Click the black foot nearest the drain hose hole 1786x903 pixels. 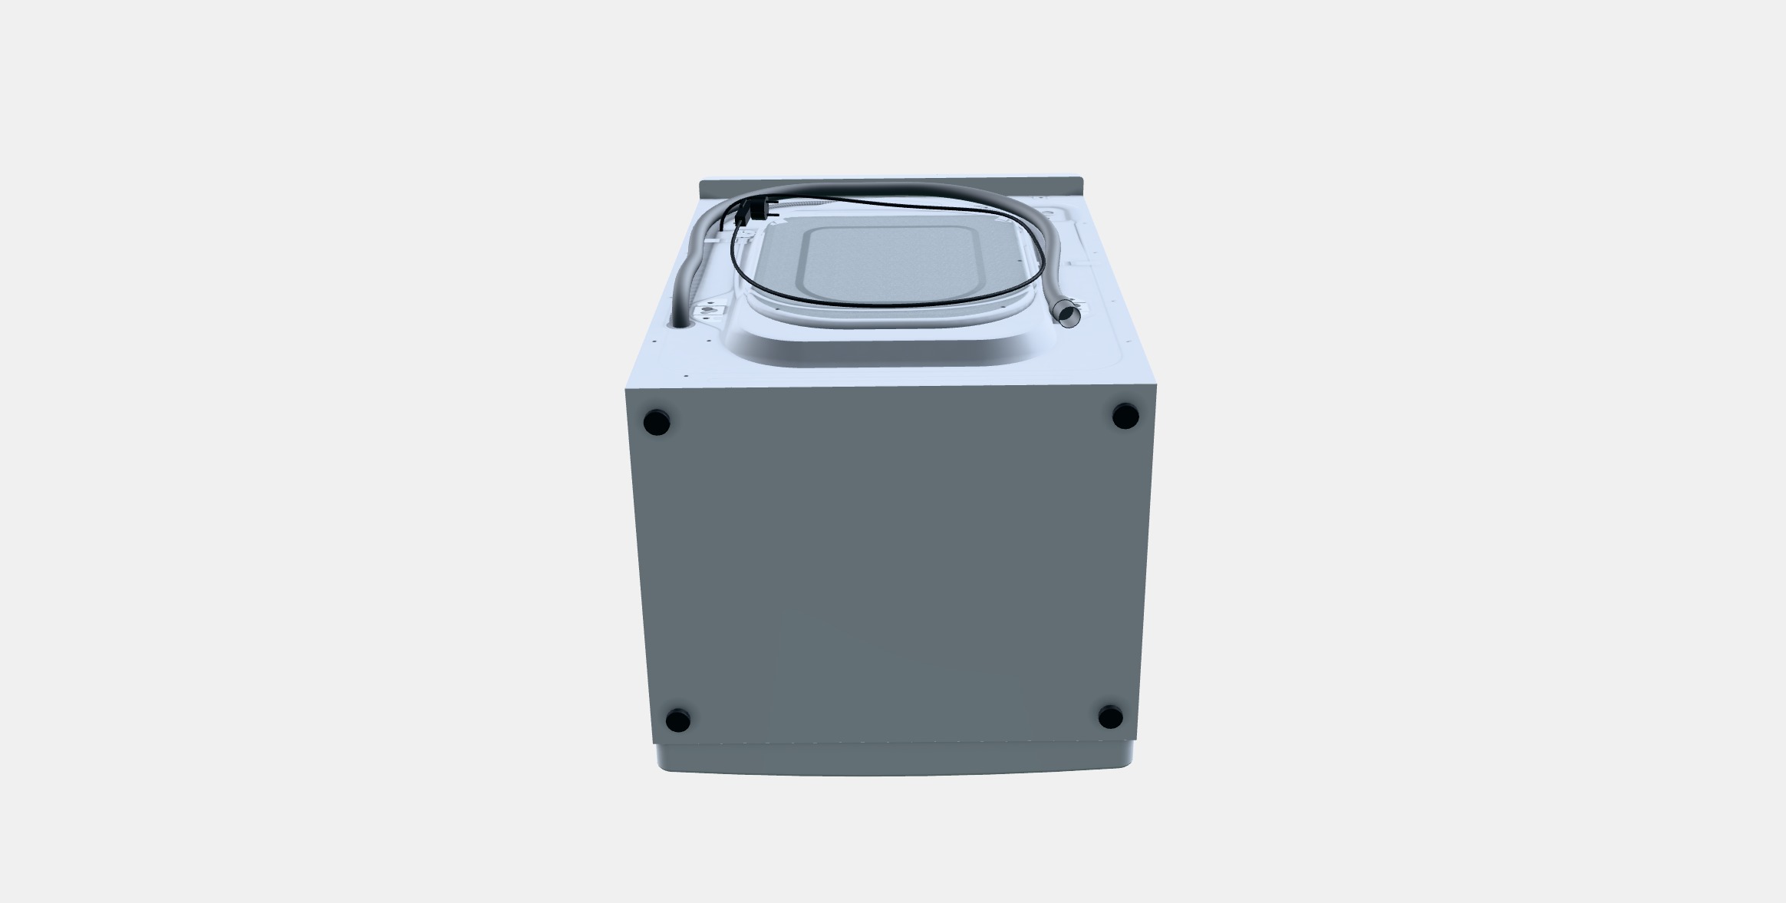click(x=656, y=422)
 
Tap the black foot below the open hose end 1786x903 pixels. click(x=1125, y=416)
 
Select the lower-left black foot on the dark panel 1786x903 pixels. click(x=677, y=720)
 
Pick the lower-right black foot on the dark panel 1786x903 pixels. click(x=1109, y=717)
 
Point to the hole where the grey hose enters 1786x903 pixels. click(x=680, y=324)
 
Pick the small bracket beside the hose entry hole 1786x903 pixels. click(x=709, y=311)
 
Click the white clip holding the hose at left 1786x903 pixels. click(x=713, y=239)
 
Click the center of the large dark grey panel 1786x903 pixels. click(x=890, y=568)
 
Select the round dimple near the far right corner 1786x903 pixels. click(x=1047, y=210)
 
